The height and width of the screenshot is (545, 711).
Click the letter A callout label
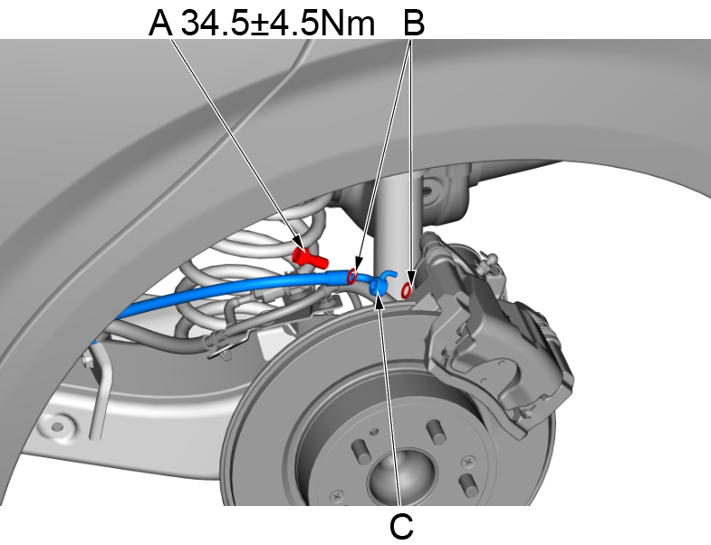tap(160, 22)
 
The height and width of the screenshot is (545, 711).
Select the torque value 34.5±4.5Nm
tap(278, 22)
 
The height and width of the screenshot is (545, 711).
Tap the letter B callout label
tap(413, 22)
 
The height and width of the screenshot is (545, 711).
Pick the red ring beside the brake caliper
tap(408, 288)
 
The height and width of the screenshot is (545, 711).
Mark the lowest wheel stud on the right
tap(467, 482)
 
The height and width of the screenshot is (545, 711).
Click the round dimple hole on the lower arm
tap(59, 423)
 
